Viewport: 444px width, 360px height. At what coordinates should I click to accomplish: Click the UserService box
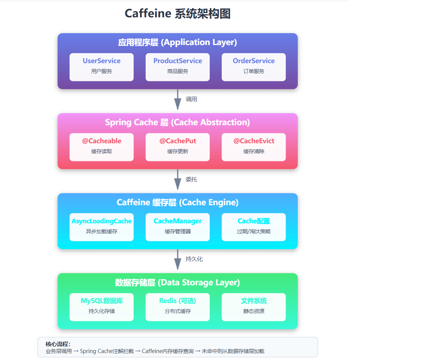[101, 67]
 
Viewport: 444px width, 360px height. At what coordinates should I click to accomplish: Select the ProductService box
[178, 67]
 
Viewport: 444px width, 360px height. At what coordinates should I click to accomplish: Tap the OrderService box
[254, 67]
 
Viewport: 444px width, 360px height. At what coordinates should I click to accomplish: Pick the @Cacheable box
[101, 147]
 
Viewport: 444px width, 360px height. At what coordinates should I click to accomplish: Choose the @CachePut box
[178, 147]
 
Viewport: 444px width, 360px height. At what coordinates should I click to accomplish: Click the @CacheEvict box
[254, 147]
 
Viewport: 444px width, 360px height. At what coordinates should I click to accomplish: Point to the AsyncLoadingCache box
[101, 227]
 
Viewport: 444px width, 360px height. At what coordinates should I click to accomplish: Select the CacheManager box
[178, 227]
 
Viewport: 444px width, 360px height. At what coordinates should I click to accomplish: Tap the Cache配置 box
[254, 227]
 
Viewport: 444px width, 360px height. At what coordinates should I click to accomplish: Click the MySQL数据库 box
[101, 307]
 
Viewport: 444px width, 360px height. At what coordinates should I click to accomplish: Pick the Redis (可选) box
[178, 307]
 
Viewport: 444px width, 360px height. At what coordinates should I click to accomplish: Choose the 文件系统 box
[254, 307]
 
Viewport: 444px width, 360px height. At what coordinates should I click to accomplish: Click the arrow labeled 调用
[178, 99]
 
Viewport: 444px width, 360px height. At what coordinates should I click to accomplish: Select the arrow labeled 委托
[178, 179]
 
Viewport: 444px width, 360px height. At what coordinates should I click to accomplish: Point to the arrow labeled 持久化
[178, 260]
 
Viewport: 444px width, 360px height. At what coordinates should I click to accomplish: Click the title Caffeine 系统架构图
[178, 14]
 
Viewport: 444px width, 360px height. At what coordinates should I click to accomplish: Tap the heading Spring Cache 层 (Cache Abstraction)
[178, 122]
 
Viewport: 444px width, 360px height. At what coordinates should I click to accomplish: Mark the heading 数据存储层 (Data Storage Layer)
[178, 283]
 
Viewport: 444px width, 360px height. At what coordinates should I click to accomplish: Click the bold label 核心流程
[58, 344]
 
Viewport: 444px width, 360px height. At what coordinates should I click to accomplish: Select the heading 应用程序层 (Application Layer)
[178, 42]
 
